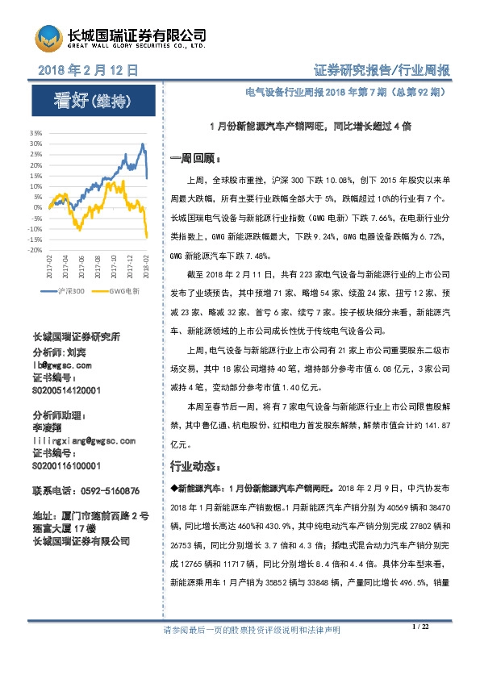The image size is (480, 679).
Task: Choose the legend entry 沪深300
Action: click(72, 290)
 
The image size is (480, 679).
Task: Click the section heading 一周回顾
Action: click(190, 156)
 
